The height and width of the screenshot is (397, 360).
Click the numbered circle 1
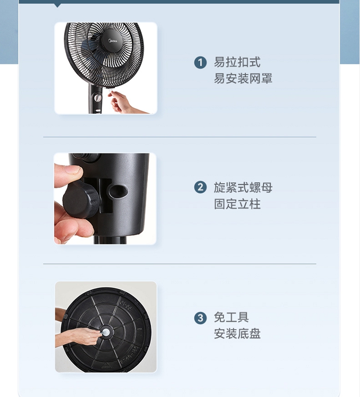(200, 62)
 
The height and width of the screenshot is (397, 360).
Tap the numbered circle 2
(200, 187)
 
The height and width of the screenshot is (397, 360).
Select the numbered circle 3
(200, 318)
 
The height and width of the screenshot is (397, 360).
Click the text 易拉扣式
(237, 62)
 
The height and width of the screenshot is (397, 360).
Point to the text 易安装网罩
(243, 79)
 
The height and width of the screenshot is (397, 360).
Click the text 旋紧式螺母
(243, 187)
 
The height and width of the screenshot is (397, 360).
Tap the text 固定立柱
(237, 204)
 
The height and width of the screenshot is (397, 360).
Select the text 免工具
(231, 317)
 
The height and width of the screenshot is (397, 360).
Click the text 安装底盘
(237, 334)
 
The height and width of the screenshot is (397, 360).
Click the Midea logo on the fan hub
(113, 41)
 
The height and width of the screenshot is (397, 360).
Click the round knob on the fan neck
(97, 98)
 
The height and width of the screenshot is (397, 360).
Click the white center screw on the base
(106, 332)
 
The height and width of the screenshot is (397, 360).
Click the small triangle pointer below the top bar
(58, 6)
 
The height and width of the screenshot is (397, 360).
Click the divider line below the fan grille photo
(180, 137)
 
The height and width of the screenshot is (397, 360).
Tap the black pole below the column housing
(110, 240)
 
